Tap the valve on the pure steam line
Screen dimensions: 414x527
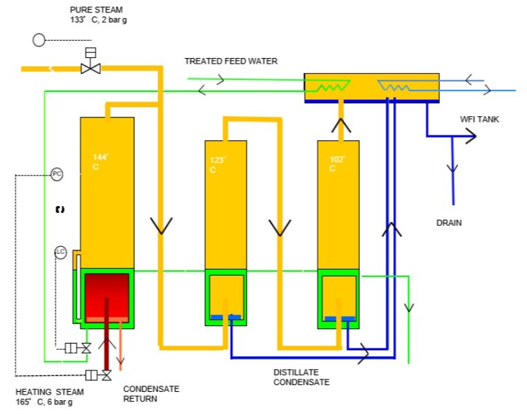point(90,67)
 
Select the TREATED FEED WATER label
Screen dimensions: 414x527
point(231,62)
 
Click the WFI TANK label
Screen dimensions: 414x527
point(479,120)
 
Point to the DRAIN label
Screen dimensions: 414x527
point(448,223)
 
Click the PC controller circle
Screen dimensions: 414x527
point(57,175)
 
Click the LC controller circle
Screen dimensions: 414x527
point(60,253)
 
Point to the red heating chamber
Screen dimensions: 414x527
point(106,294)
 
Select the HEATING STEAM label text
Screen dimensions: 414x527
point(49,397)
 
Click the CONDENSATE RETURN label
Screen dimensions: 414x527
point(151,394)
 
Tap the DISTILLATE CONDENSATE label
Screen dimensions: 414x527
point(301,377)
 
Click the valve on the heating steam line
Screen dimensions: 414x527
point(106,375)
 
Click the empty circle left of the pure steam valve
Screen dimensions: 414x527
point(39,40)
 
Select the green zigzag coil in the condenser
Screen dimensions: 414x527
point(334,86)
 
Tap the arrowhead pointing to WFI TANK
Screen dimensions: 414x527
point(470,137)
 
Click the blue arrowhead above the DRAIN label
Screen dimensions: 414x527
point(453,168)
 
